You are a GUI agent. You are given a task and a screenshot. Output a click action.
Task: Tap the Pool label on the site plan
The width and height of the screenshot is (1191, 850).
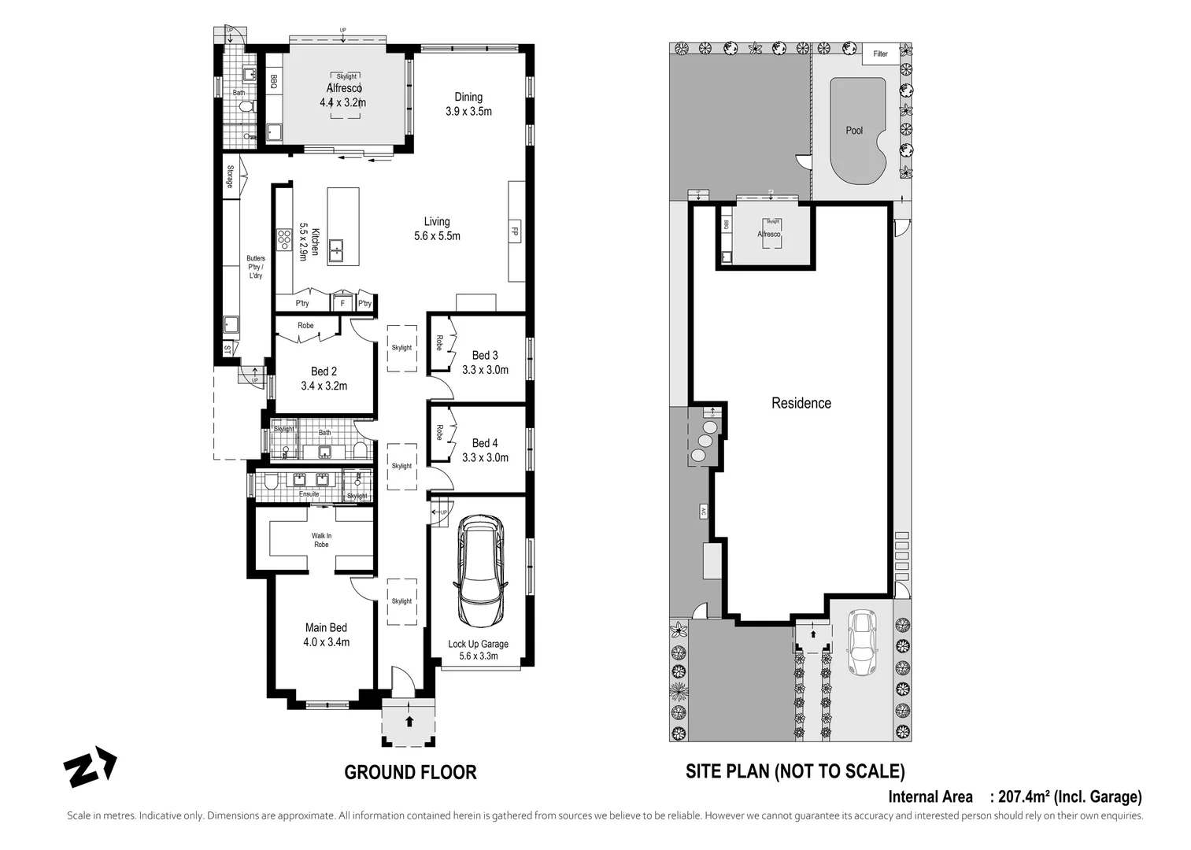[854, 131]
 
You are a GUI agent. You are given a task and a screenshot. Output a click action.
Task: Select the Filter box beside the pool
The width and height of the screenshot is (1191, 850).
[880, 54]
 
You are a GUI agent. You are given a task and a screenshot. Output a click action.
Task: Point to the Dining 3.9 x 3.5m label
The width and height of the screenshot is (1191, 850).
[468, 104]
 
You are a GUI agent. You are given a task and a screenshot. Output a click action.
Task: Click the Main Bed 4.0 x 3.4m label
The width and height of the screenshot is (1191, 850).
[326, 634]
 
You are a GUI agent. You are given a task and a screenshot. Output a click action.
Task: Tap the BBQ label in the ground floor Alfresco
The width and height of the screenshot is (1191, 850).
[274, 80]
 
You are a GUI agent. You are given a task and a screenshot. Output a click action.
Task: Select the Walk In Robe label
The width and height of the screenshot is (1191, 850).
[321, 540]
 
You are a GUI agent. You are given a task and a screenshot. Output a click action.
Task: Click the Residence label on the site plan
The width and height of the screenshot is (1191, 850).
[801, 403]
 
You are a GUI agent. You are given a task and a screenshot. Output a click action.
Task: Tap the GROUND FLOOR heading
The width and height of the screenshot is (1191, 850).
[410, 772]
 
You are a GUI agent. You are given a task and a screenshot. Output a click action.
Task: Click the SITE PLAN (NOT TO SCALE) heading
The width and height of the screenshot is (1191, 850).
[795, 771]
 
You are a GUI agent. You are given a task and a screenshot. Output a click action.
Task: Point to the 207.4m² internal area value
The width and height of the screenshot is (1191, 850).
[1023, 796]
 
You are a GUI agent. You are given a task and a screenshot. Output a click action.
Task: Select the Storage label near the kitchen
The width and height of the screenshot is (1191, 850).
[231, 176]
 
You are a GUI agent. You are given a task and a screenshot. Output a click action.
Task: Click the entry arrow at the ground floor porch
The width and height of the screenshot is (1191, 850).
[409, 719]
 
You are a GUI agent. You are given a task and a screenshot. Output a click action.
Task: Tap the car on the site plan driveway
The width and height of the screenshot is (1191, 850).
[862, 642]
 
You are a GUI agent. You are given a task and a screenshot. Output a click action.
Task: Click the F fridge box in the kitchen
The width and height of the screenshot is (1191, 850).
[342, 303]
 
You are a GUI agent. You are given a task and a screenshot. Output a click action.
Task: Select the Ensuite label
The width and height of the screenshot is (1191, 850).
[309, 493]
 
